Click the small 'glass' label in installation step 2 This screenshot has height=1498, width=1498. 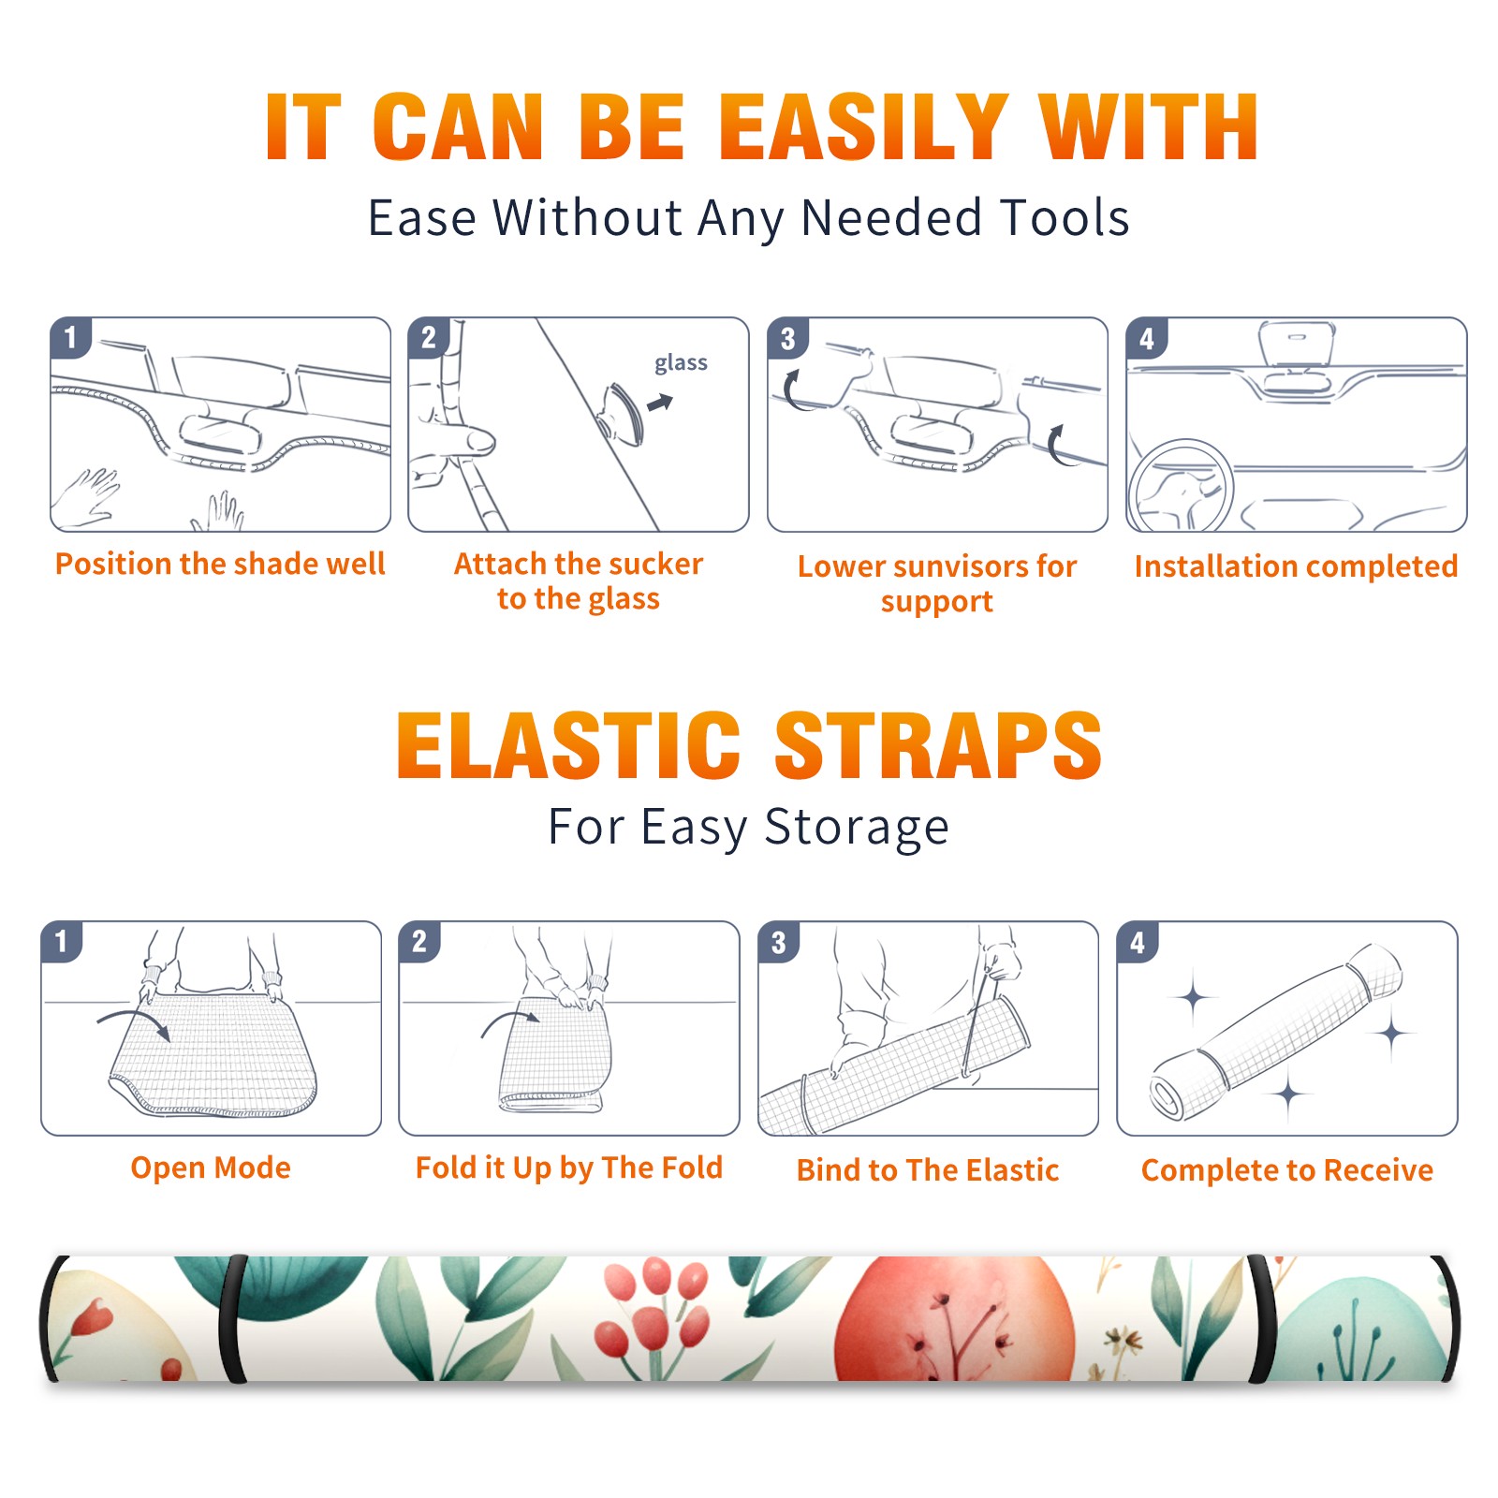tap(681, 363)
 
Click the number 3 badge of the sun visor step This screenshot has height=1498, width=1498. tap(787, 338)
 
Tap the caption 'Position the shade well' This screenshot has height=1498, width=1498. tap(220, 564)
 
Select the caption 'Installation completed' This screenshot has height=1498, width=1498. tap(1296, 566)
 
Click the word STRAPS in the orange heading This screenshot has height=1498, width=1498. tap(938, 745)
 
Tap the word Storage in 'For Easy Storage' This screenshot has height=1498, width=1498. tap(857, 828)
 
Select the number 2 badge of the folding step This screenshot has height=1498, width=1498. tap(419, 942)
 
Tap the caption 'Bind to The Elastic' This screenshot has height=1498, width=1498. tap(927, 1170)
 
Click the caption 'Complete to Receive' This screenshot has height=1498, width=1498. tap(1287, 1170)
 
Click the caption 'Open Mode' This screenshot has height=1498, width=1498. tap(211, 1168)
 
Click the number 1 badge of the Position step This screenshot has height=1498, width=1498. tap(70, 338)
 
